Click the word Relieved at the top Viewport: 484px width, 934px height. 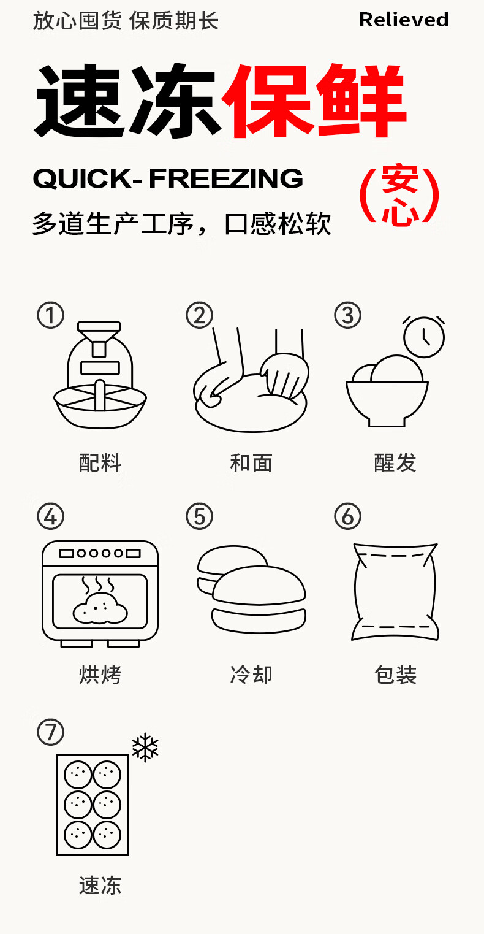pyautogui.click(x=404, y=20)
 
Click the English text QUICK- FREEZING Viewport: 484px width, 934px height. pyautogui.click(x=168, y=178)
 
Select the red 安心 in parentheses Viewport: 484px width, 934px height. pyautogui.click(x=400, y=195)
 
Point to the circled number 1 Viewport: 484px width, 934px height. pyautogui.click(x=50, y=315)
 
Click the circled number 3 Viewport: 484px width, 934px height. pyautogui.click(x=348, y=315)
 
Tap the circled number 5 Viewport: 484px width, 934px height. pyautogui.click(x=200, y=516)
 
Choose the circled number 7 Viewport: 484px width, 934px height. pyautogui.click(x=50, y=732)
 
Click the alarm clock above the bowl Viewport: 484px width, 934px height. pyautogui.click(x=423, y=337)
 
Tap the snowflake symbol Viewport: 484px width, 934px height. pyautogui.click(x=145, y=748)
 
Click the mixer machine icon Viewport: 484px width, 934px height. pyautogui.click(x=100, y=375)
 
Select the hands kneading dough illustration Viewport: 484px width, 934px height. pyautogui.click(x=251, y=380)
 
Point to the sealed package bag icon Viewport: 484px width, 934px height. pyautogui.click(x=395, y=592)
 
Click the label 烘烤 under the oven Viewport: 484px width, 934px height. pyautogui.click(x=100, y=675)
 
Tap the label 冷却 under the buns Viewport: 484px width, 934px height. pyautogui.click(x=251, y=675)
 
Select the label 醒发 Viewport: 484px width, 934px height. pyautogui.click(x=395, y=463)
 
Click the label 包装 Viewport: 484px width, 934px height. pyautogui.click(x=395, y=675)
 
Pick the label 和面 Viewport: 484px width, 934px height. pyautogui.click(x=251, y=463)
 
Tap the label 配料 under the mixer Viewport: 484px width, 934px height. pyautogui.click(x=100, y=463)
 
